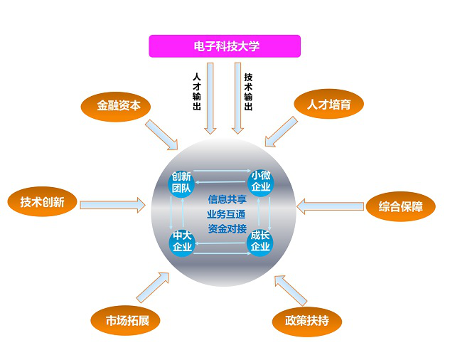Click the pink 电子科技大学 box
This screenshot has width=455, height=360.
(x=225, y=46)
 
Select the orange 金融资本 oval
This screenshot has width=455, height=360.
(x=119, y=106)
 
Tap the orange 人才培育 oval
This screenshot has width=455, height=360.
(x=328, y=104)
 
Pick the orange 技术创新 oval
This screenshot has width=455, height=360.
(x=43, y=202)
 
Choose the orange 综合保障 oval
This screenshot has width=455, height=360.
(x=400, y=207)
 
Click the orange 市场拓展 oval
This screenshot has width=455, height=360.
(x=126, y=320)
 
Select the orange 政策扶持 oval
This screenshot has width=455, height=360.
(x=307, y=321)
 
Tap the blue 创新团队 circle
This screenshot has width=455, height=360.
(x=181, y=183)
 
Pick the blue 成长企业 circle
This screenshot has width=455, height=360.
(x=260, y=241)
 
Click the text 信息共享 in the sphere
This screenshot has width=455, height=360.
(x=227, y=199)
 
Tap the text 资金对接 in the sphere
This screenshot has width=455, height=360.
(x=227, y=228)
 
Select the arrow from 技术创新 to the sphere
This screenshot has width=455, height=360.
(x=112, y=205)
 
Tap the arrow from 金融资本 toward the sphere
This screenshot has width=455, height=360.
(x=161, y=135)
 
